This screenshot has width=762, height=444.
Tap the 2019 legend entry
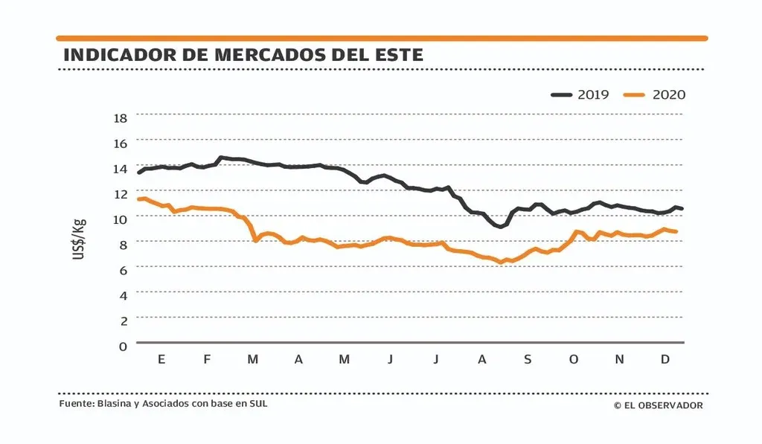coord(593,94)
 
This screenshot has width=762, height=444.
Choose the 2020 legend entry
coord(668,94)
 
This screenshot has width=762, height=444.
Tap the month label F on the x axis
coord(207,360)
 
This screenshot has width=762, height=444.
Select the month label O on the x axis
coord(573,360)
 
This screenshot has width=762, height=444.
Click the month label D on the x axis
coord(665,360)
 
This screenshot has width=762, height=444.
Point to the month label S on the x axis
coord(528,360)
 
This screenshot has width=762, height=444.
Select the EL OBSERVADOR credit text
coord(658,405)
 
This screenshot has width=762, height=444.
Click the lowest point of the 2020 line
coord(501,262)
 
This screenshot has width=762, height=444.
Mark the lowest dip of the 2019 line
coord(500,226)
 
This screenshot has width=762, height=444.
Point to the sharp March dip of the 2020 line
coord(256,240)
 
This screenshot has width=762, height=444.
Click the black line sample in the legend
coord(562,94)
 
